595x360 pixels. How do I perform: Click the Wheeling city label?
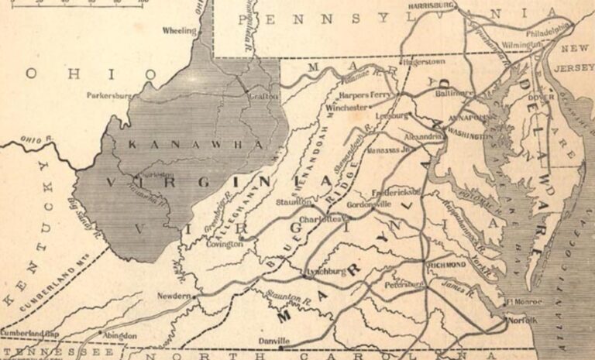click(x=178, y=31)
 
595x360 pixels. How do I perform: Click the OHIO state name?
click(x=81, y=74)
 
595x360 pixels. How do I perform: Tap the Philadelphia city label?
click(x=547, y=34)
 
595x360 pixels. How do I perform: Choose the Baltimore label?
click(x=455, y=92)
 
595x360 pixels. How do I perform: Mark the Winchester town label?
click(x=346, y=108)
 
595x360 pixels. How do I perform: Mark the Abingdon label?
click(x=120, y=336)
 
